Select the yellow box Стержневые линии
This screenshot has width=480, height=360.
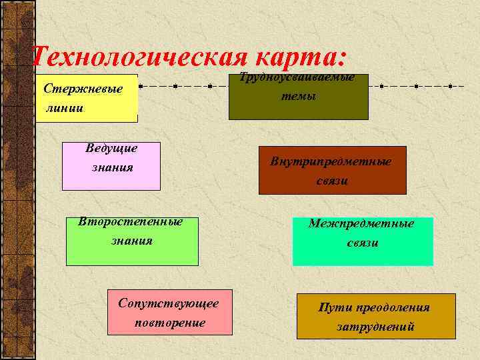87,99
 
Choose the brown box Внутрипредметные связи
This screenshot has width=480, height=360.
332,171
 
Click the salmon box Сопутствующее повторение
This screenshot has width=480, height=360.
169,312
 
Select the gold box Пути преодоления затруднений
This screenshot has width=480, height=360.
376,316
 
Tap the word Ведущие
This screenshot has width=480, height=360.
111,148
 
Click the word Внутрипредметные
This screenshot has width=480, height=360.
331,161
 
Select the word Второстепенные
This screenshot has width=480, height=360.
131,221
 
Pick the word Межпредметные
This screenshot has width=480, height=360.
361,224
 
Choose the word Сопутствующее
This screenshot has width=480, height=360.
169,303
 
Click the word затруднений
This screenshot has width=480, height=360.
376,327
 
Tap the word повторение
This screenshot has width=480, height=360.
169,323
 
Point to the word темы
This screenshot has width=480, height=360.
298,96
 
